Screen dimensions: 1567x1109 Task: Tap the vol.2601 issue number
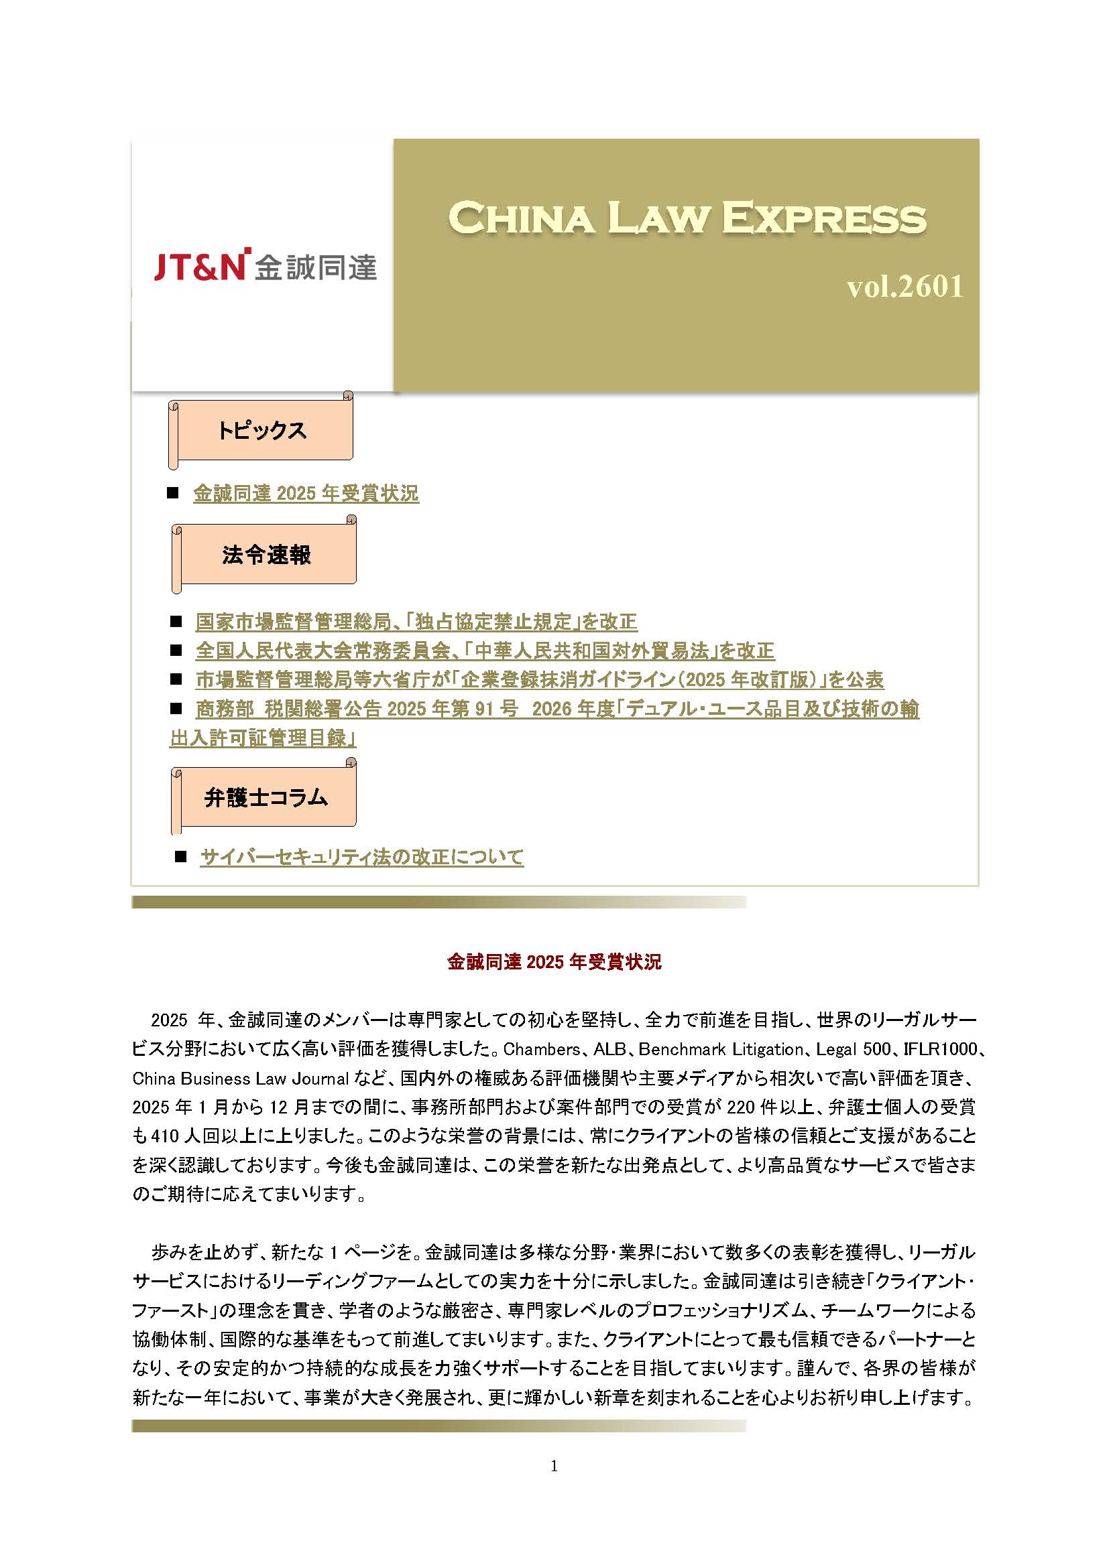pyautogui.click(x=904, y=287)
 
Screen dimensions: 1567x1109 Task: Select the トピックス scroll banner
pyautogui.click(x=261, y=430)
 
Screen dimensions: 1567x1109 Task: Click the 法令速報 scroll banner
pyautogui.click(x=266, y=554)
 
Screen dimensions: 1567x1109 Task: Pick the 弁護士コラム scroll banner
pyautogui.click(x=266, y=797)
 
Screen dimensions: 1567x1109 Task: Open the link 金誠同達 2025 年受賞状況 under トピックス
pyautogui.click(x=306, y=494)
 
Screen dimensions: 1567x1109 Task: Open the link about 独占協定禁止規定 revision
pyautogui.click(x=416, y=622)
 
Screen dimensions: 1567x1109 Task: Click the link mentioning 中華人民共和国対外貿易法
pyautogui.click(x=485, y=651)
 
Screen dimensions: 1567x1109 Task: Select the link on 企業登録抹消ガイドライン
pyautogui.click(x=540, y=680)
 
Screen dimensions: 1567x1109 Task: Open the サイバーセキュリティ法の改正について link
pyautogui.click(x=362, y=857)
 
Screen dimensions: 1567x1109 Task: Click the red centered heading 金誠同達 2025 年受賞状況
pyautogui.click(x=554, y=961)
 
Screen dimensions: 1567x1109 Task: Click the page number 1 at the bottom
pyautogui.click(x=554, y=1465)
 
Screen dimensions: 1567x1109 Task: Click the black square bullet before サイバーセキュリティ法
pyautogui.click(x=181, y=857)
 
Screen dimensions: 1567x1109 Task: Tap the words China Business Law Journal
pyautogui.click(x=241, y=1079)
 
